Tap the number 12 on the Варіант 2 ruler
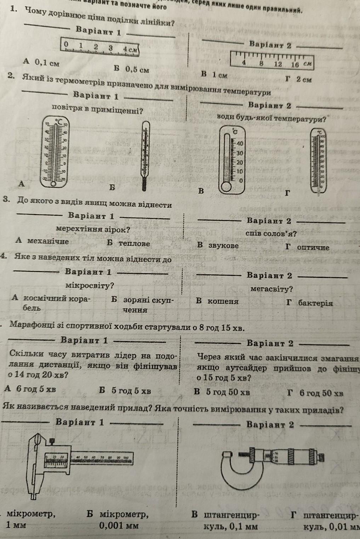click(278, 64)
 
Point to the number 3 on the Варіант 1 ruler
click(110, 47)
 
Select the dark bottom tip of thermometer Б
click(144, 184)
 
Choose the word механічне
click(48, 241)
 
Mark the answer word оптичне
click(313, 247)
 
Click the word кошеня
click(223, 302)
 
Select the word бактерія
click(315, 303)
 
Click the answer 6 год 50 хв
click(321, 392)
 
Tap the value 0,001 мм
click(119, 525)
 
